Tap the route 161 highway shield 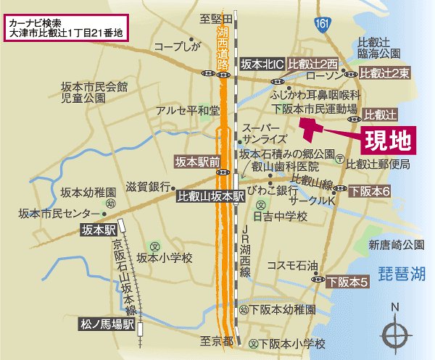point(322,25)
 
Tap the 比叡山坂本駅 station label point(211,196)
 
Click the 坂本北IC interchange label point(260,62)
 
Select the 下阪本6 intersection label point(370,191)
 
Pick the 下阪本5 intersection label point(346,280)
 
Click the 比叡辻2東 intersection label point(385,74)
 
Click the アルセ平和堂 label point(187,111)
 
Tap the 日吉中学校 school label point(280,217)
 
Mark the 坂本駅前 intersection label point(196,162)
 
